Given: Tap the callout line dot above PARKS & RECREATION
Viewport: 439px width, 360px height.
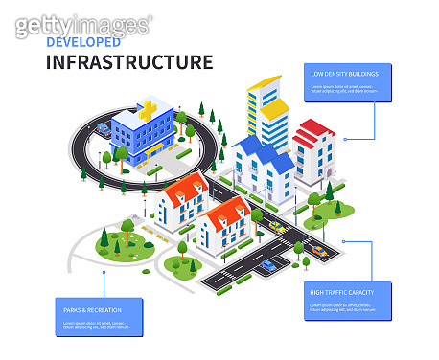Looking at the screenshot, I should click(x=104, y=272).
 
